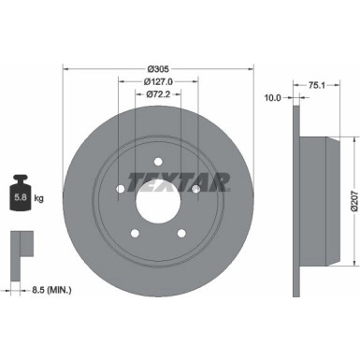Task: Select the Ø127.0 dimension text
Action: [x=158, y=81]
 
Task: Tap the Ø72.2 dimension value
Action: [x=158, y=94]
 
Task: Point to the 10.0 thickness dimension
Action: [x=272, y=96]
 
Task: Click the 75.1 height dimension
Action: [x=315, y=82]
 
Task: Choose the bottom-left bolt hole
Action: [x=135, y=232]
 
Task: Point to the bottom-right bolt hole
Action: [x=181, y=232]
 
